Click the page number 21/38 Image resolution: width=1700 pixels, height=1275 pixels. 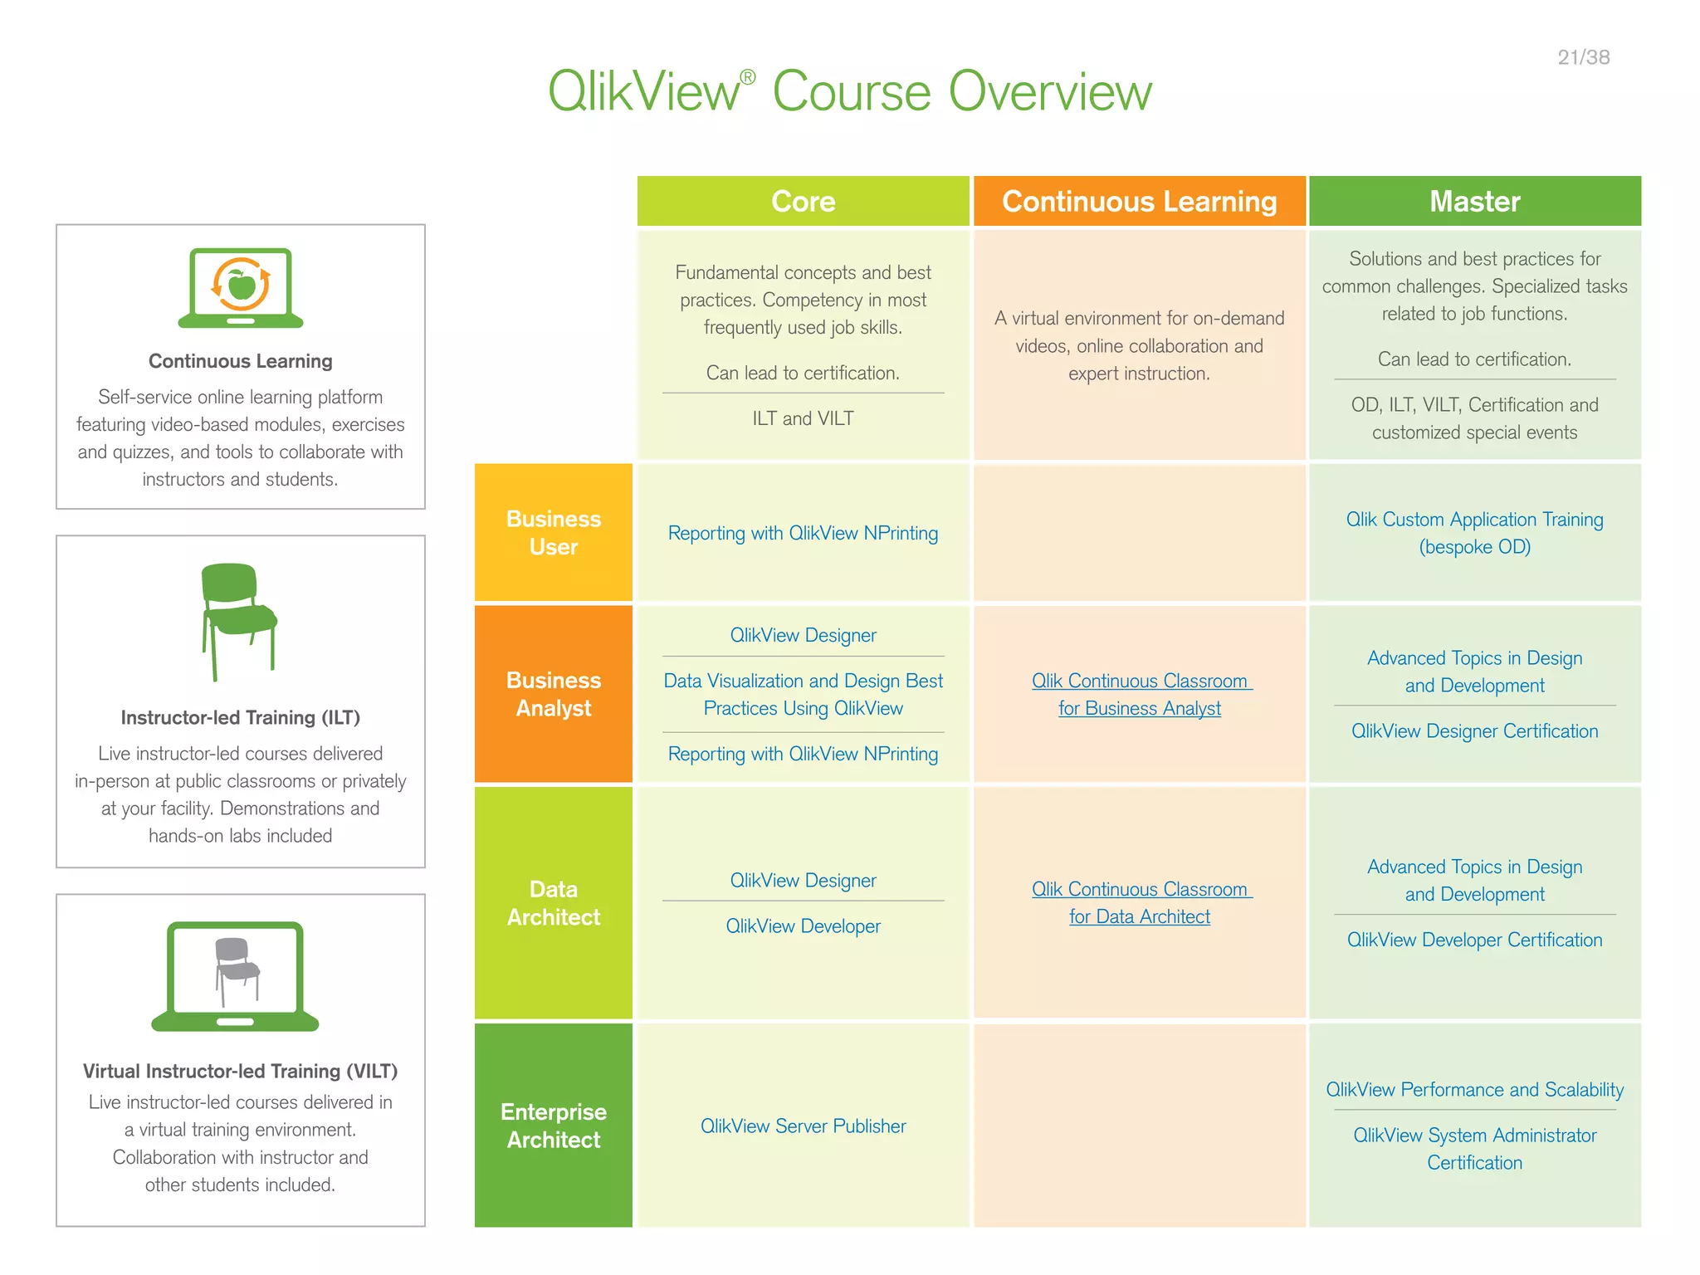click(1583, 57)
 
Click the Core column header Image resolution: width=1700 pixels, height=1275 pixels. click(803, 201)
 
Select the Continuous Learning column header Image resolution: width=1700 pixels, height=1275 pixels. click(1139, 201)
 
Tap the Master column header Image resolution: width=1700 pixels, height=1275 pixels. click(1474, 201)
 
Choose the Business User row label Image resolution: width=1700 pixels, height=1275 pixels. click(554, 532)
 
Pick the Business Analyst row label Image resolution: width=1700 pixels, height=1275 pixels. click(554, 693)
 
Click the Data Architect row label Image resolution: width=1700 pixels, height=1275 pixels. click(554, 902)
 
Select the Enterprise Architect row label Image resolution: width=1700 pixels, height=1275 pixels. click(554, 1125)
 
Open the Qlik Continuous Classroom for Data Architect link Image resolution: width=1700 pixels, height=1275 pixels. click(1139, 902)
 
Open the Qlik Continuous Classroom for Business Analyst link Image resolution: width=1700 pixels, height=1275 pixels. click(1139, 694)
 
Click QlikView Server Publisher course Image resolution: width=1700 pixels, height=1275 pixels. click(803, 1126)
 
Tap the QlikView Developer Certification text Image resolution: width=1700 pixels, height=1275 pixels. click(1474, 940)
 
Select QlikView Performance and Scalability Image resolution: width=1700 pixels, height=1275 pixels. click(1474, 1089)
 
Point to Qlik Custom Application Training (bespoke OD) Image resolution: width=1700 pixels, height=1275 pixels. click(1474, 532)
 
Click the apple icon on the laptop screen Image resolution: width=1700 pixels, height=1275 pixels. click(242, 285)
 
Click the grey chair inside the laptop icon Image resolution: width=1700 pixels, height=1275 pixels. click(236, 968)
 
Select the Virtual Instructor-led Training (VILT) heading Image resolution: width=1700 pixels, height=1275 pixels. click(240, 1071)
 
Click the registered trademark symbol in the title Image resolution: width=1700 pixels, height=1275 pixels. click(747, 77)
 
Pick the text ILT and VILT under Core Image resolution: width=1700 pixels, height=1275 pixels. click(803, 418)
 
